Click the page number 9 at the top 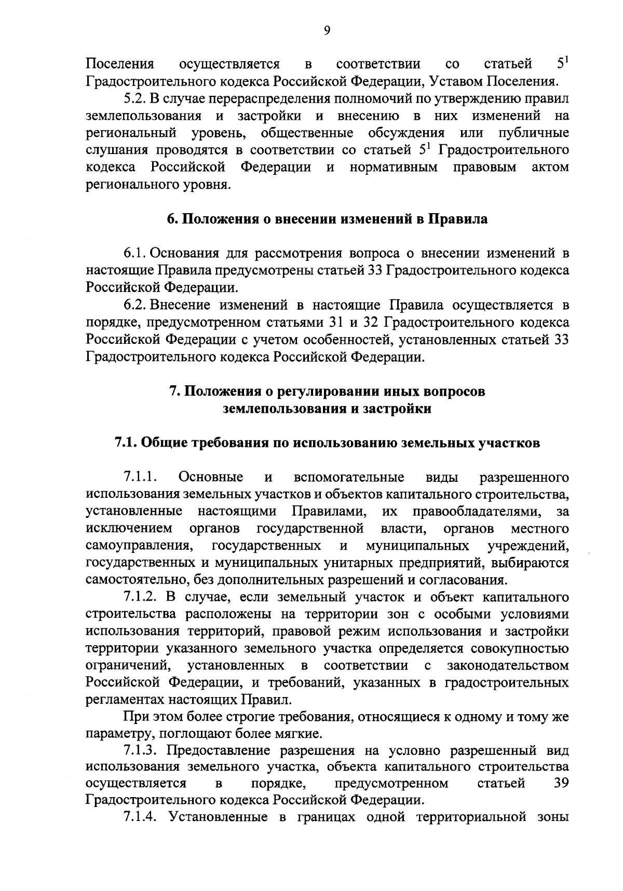point(327,31)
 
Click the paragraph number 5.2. point(136,98)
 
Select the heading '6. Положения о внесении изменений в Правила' point(327,219)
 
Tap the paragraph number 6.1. point(136,254)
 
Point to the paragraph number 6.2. point(136,304)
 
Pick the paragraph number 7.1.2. point(140,597)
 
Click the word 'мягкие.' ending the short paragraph point(302,734)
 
